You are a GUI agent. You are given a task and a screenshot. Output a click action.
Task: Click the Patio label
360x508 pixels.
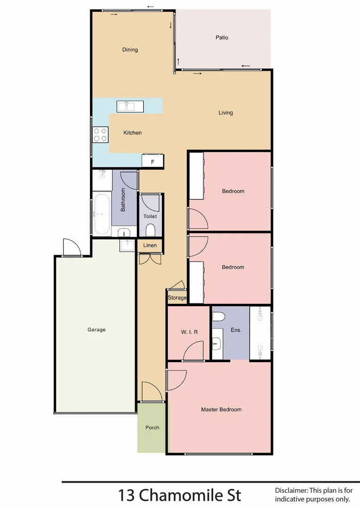point(222,38)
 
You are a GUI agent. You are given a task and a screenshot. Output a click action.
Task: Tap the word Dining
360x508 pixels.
point(130,50)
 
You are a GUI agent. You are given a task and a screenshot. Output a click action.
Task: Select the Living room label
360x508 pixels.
point(225,113)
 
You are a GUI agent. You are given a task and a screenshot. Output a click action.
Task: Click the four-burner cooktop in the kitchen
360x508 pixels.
point(100,135)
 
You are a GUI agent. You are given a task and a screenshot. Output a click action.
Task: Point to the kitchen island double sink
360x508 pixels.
point(126,106)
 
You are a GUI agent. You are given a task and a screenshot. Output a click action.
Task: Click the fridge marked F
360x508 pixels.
point(152,161)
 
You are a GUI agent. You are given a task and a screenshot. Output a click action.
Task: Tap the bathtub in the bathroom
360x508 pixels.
point(101,214)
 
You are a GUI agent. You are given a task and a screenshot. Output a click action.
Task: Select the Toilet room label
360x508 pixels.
point(150,216)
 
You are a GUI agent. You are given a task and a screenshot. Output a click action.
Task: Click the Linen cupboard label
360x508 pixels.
point(150,246)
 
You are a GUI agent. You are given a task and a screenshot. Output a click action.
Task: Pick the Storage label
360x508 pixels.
point(177,298)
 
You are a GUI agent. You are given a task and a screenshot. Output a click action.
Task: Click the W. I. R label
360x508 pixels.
point(189,332)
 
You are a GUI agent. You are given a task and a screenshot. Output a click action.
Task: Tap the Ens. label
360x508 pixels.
point(236,330)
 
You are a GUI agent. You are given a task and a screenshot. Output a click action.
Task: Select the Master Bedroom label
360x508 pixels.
point(221,410)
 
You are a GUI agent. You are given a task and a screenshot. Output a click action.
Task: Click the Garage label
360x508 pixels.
point(96,330)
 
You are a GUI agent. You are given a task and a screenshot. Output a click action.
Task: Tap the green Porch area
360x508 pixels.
point(152,428)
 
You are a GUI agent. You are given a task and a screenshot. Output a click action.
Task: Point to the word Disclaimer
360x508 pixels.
point(291,490)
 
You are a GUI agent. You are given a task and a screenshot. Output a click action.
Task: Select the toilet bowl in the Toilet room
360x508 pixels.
point(151,230)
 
